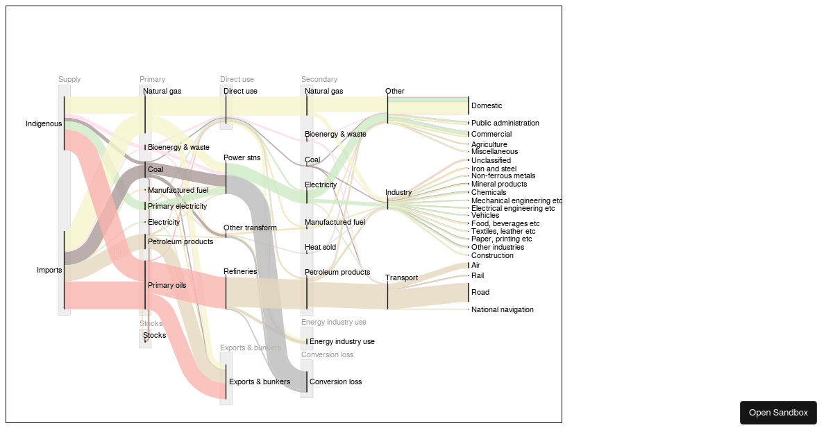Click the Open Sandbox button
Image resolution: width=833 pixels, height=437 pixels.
[778, 413]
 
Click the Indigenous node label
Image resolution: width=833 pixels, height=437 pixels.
[44, 124]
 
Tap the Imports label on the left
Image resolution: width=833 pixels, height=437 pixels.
[49, 271]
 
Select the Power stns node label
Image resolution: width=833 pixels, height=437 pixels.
[242, 158]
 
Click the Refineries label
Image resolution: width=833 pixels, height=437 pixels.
[240, 272]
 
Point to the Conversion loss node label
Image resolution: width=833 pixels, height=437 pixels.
[335, 382]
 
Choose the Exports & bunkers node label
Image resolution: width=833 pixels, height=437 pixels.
[260, 382]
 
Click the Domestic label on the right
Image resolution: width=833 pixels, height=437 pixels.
[487, 106]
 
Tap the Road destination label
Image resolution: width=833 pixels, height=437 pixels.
[480, 293]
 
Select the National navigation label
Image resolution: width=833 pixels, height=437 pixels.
[503, 310]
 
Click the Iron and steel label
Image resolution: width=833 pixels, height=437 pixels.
[494, 169]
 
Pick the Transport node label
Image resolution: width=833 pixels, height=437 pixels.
[402, 278]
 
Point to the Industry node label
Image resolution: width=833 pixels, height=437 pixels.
[398, 193]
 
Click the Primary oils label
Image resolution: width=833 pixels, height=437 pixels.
[167, 286]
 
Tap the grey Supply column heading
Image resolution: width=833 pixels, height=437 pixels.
[69, 80]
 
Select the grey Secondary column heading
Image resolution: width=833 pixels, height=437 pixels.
[319, 80]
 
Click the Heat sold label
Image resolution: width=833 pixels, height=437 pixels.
[320, 248]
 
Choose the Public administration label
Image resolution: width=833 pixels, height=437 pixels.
[505, 123]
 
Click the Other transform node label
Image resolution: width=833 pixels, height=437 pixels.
[250, 228]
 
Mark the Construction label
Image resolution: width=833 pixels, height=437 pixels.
[492, 256]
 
